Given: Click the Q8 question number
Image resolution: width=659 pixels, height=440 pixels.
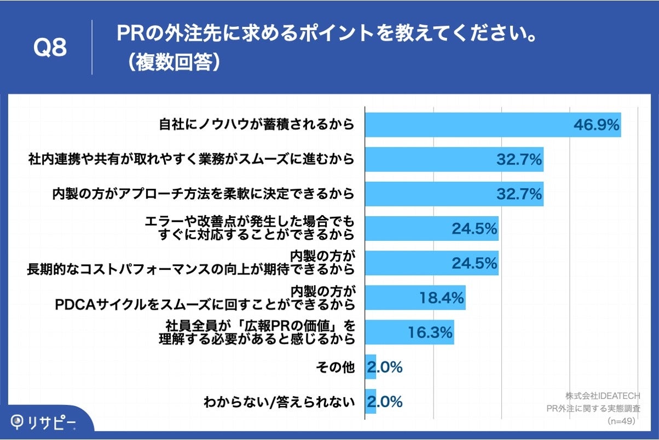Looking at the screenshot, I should pos(50,48).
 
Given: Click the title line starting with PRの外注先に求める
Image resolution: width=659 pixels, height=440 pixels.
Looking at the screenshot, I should pos(326,34).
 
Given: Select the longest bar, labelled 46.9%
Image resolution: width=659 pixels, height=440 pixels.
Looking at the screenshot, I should pos(493,125).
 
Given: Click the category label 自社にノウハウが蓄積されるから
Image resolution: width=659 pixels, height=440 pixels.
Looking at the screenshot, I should pos(257,125).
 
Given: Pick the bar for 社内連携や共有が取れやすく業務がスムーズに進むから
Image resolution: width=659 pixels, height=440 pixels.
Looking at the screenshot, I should pos(454,159).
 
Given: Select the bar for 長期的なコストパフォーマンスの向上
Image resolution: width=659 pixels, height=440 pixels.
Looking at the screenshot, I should pos(431,263).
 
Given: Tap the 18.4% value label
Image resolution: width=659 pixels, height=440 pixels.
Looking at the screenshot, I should pos(442,298).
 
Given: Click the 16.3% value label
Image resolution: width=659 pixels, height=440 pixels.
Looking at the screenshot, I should pos(430,332).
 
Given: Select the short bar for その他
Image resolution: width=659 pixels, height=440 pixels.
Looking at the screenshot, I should pos(371,367).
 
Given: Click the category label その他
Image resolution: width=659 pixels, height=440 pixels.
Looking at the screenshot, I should pos(336,367).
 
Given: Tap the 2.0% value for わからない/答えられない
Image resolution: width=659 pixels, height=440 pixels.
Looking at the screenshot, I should pos(385,402).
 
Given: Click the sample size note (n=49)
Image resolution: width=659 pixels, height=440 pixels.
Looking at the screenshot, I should pos(621,421).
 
